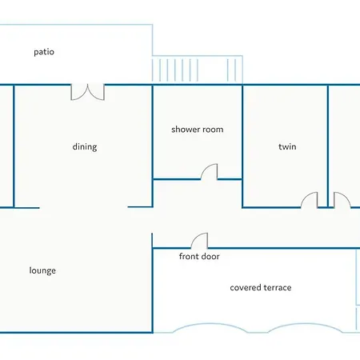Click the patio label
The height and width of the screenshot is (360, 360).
[x=44, y=52]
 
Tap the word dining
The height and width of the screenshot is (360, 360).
[x=85, y=147]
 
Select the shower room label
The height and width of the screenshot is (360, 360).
[x=198, y=130]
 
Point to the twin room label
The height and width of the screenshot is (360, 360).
[x=287, y=146]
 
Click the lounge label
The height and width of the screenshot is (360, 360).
[x=42, y=270]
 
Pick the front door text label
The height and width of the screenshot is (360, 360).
[x=199, y=256]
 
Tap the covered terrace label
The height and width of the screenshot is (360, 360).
[x=261, y=287]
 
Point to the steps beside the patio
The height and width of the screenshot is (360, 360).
[x=198, y=70]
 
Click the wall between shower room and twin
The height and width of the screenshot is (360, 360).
[x=242, y=146]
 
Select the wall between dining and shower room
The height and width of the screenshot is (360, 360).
[x=153, y=146]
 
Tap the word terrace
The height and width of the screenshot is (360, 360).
[x=278, y=287]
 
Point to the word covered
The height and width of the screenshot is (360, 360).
[x=246, y=287]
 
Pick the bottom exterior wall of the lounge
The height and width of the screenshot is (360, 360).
[x=76, y=333]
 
